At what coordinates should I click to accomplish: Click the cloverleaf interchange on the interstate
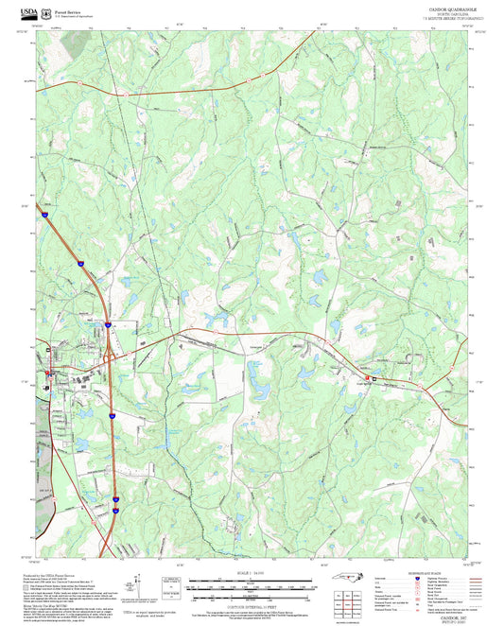(108, 356)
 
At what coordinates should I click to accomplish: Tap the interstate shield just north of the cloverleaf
(108, 324)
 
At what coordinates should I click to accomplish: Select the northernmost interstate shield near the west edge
(43, 217)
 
